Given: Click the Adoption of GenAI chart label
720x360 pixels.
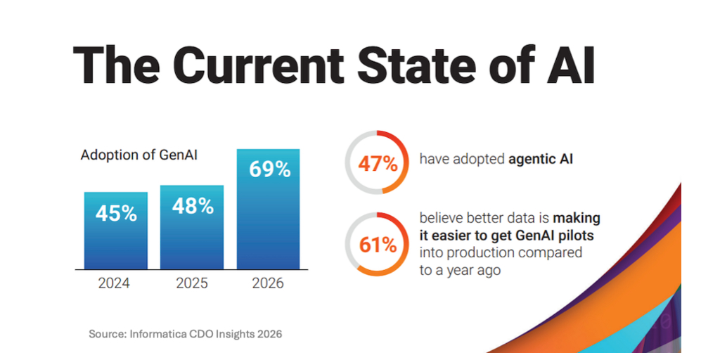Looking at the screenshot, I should [x=139, y=155].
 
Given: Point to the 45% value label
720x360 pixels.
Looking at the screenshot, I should [x=116, y=213].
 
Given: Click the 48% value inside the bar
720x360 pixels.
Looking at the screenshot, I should [x=192, y=206].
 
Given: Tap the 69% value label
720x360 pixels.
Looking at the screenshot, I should [x=268, y=169].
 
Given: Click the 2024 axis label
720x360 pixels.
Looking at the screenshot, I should [x=116, y=283].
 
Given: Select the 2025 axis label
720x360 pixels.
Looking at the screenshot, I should [x=192, y=283].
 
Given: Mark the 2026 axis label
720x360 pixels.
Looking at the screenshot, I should [x=268, y=283].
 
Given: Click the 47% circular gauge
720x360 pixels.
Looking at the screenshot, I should [x=378, y=163].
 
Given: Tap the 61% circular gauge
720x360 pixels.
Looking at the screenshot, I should [x=378, y=245].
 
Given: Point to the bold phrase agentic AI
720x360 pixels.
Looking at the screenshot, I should [x=540, y=159].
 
